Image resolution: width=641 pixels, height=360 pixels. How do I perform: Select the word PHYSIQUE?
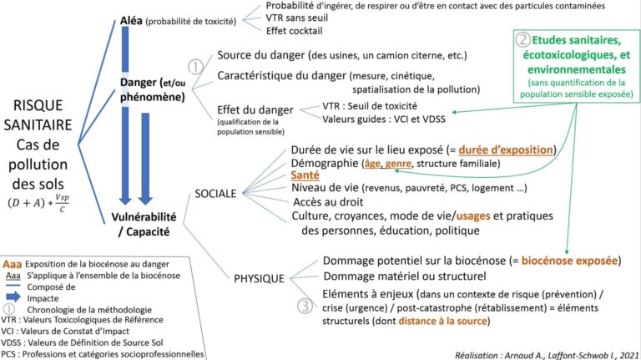[259, 277]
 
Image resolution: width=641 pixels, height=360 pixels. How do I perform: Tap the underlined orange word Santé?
[305, 177]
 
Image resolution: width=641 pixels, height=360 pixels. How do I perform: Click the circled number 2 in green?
[522, 39]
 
